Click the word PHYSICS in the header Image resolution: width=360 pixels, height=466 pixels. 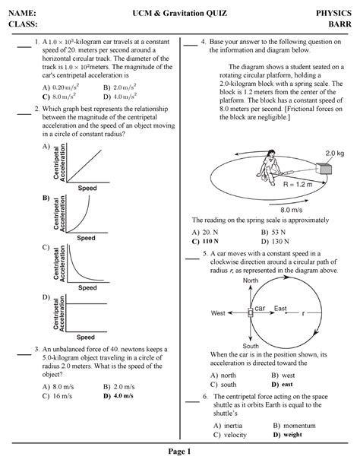pyautogui.click(x=333, y=13)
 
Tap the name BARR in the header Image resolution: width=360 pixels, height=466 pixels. pyautogui.click(x=339, y=24)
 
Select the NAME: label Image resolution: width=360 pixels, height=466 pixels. pyautogui.click(x=22, y=13)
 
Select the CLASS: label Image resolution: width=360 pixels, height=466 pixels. pyautogui.click(x=23, y=24)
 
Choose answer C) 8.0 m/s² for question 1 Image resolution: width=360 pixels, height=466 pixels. pyautogui.click(x=59, y=97)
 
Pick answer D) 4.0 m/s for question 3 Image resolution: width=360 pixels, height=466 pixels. pyautogui.click(x=118, y=396)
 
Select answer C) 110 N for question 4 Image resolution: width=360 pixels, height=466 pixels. pyautogui.click(x=205, y=241)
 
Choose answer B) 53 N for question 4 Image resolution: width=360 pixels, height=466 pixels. pyautogui.click(x=273, y=232)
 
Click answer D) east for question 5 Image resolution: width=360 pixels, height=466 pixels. pyautogui.click(x=282, y=384)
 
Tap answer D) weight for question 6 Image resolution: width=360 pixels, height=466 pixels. pyautogui.click(x=287, y=435)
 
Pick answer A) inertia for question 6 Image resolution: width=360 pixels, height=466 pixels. pyautogui.click(x=228, y=425)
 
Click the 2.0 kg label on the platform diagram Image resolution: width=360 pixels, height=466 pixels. pyautogui.click(x=334, y=154)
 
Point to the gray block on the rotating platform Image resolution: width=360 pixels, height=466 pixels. pyautogui.click(x=324, y=169)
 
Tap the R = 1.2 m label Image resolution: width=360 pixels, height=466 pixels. pyautogui.click(x=298, y=184)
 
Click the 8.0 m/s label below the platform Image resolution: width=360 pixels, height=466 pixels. pyautogui.click(x=292, y=210)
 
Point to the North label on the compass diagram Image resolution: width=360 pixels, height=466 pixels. pyautogui.click(x=251, y=281)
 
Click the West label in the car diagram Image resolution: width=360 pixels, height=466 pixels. pyautogui.click(x=218, y=313)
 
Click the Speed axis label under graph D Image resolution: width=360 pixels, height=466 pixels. pyautogui.click(x=86, y=337)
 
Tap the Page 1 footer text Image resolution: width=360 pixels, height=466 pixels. pyautogui.click(x=179, y=452)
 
